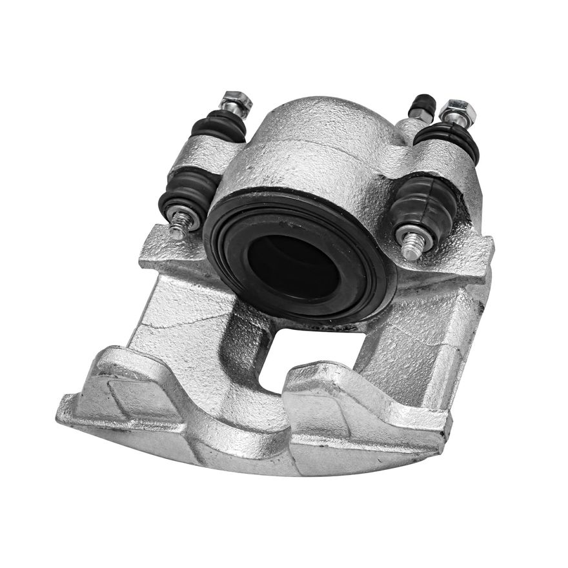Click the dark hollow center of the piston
pos(293,265)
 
